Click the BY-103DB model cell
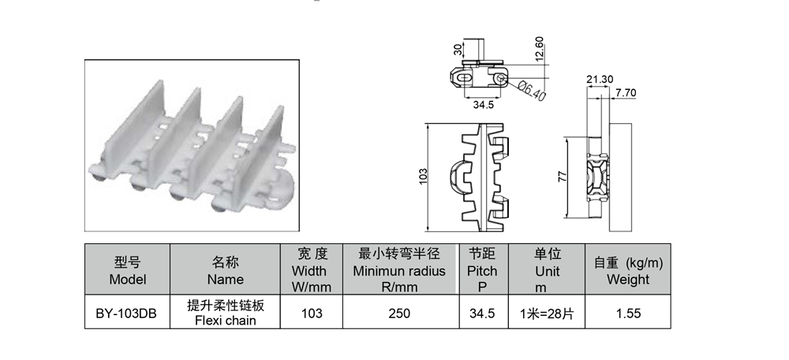(x=126, y=313)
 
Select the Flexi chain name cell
(x=225, y=313)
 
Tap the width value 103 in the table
(x=312, y=313)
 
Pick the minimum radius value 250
(x=399, y=313)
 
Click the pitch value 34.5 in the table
(x=482, y=313)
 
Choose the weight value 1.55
(x=628, y=313)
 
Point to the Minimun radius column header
(x=399, y=270)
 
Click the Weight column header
(x=628, y=270)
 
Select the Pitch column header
(x=482, y=270)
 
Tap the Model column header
(x=127, y=270)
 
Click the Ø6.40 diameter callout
(x=531, y=90)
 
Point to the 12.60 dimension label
(x=540, y=49)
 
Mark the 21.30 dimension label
(x=600, y=79)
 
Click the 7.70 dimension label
(x=626, y=93)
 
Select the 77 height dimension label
(x=563, y=177)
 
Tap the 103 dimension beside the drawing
(x=423, y=176)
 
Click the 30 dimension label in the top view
(x=458, y=50)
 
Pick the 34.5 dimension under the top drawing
(x=483, y=105)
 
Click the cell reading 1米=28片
(x=547, y=313)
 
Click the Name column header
(x=225, y=270)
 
